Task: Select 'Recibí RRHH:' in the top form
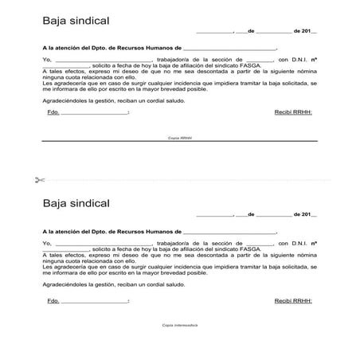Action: click(x=293, y=112)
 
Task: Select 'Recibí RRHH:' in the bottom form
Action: click(x=293, y=301)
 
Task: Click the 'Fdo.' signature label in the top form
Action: click(x=53, y=112)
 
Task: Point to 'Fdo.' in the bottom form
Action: click(x=53, y=301)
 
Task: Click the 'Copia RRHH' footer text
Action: click(x=180, y=138)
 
